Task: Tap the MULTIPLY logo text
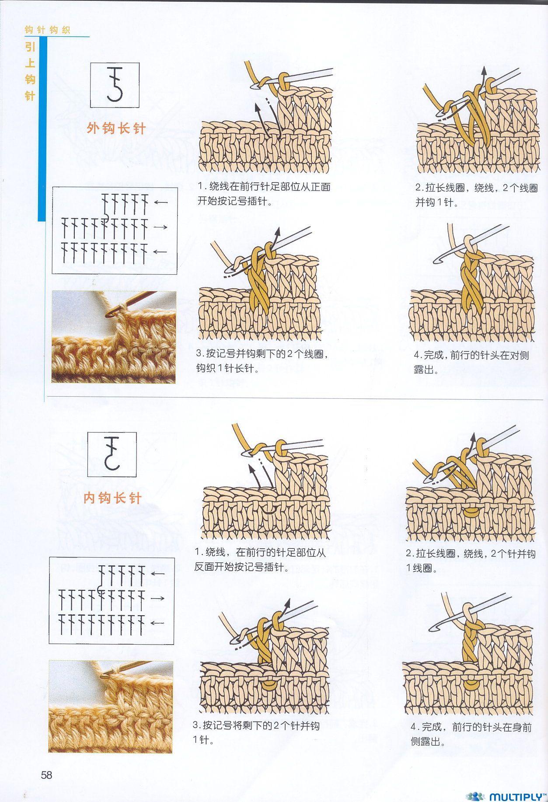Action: (517, 796)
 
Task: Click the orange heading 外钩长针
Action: (116, 128)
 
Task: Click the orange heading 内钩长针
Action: (112, 498)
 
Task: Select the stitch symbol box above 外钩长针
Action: (115, 85)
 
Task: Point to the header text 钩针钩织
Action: (47, 30)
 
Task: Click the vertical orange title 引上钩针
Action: (30, 71)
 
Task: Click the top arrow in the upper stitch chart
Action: (161, 202)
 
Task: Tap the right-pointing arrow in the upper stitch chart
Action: (161, 227)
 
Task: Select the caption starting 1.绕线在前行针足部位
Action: (264, 194)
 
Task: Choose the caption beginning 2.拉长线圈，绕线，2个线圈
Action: (476, 195)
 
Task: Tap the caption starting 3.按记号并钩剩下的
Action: (262, 361)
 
